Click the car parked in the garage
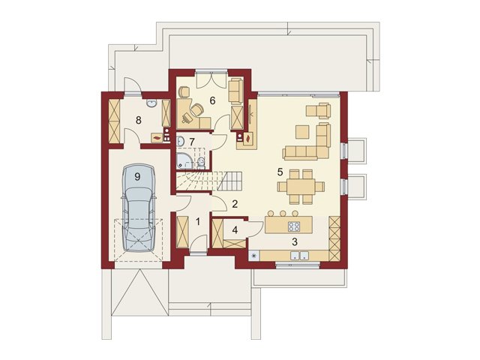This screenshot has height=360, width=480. pyautogui.click(x=139, y=208)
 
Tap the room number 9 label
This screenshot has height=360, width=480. pyautogui.click(x=137, y=176)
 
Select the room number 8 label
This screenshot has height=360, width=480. pyautogui.click(x=138, y=120)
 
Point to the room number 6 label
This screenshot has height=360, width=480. pyautogui.click(x=212, y=100)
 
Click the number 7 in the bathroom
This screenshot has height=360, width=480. pyautogui.click(x=192, y=142)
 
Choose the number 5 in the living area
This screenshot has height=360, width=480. pyautogui.click(x=280, y=172)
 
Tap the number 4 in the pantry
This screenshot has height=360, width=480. pyautogui.click(x=235, y=230)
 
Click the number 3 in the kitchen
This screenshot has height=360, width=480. pyautogui.click(x=295, y=241)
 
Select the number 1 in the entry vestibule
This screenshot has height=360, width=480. pyautogui.click(x=198, y=221)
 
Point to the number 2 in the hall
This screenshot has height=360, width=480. pyautogui.click(x=235, y=203)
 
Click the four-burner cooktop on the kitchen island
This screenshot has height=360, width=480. pyautogui.click(x=294, y=226)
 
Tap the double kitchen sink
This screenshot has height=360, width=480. pyautogui.click(x=299, y=256)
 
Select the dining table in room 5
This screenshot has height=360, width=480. pyautogui.click(x=301, y=187)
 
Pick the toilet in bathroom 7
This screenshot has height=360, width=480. pyautogui.click(x=201, y=163)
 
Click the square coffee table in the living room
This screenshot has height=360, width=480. pyautogui.click(x=302, y=132)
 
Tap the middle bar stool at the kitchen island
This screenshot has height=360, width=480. pyautogui.click(x=283, y=213)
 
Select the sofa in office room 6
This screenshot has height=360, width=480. pyautogui.click(x=235, y=91)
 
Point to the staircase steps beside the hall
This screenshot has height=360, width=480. pyautogui.click(x=209, y=181)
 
